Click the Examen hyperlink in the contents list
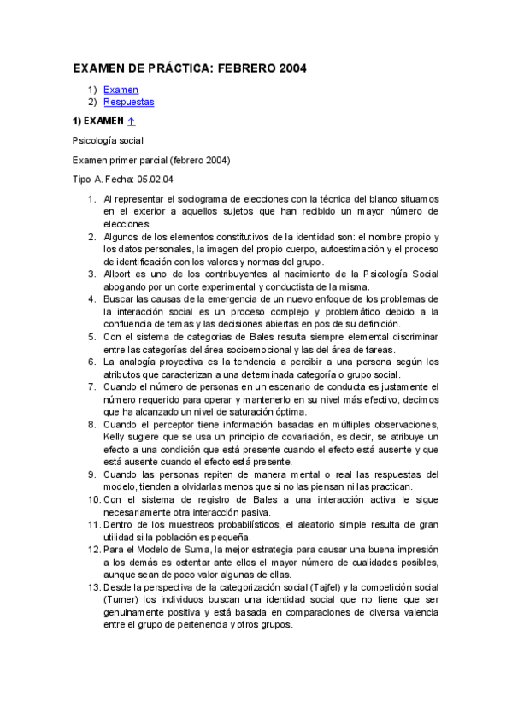click(121, 90)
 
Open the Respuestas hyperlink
click(128, 102)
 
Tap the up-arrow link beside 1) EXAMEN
click(131, 121)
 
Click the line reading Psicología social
click(108, 140)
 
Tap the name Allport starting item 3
click(119, 274)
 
